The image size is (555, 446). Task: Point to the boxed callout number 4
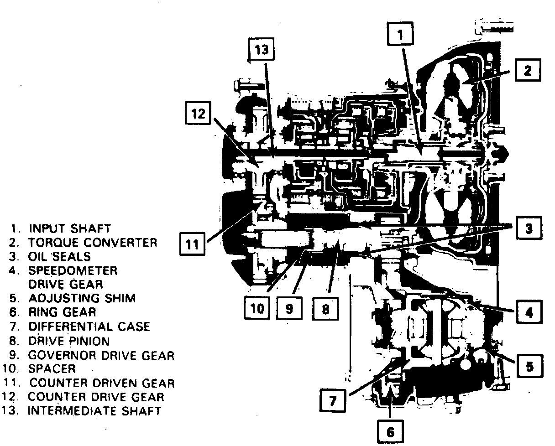click(529, 313)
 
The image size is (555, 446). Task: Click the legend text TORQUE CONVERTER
click(93, 242)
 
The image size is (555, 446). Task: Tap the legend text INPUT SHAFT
click(69, 228)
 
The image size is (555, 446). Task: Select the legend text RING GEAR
click(62, 312)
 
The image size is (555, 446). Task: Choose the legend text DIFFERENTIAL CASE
click(89, 327)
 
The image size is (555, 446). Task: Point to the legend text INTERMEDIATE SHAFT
click(94, 411)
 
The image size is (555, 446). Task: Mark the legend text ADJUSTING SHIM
click(82, 298)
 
